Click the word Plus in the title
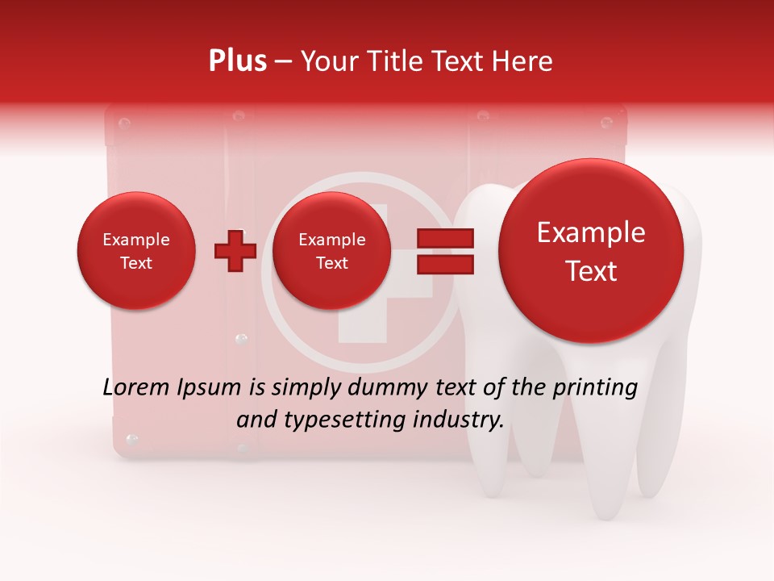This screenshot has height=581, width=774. (x=237, y=61)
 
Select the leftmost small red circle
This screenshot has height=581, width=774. (x=136, y=251)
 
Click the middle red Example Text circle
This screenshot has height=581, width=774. (x=331, y=251)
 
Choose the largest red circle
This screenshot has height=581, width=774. (x=591, y=251)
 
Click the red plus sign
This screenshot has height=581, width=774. (x=235, y=251)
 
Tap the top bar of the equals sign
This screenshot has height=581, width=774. (x=445, y=238)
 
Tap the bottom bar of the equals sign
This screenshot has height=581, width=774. (x=445, y=264)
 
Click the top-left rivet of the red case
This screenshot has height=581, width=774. (x=123, y=123)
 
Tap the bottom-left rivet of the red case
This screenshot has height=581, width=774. (x=132, y=440)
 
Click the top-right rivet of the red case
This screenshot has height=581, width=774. (x=606, y=123)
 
